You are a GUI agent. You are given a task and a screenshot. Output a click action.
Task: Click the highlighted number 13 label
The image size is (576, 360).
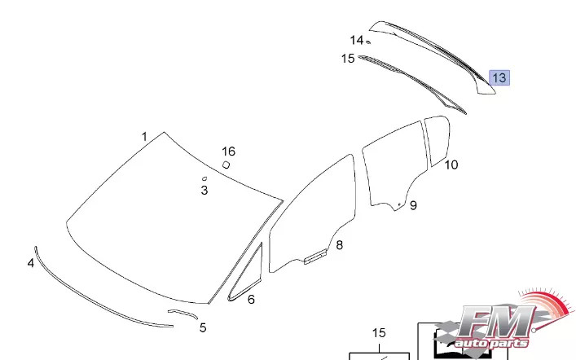(499, 78)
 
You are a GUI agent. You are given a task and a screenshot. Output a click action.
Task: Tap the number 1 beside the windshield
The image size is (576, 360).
(144, 137)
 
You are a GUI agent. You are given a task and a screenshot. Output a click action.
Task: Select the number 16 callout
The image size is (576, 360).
(228, 151)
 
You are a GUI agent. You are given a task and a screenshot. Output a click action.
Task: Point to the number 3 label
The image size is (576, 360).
(204, 191)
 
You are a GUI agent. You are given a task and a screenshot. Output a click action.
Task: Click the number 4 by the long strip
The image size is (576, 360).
(31, 263)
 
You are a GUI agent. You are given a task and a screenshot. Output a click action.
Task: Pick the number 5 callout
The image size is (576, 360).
(203, 327)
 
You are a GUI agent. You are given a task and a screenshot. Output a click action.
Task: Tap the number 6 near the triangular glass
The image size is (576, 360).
(251, 300)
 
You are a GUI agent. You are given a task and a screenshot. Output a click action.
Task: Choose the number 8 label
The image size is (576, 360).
(339, 244)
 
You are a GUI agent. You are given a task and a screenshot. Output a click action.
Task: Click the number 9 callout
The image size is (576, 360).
(413, 205)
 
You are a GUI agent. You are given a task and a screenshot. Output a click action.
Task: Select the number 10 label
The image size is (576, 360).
(451, 165)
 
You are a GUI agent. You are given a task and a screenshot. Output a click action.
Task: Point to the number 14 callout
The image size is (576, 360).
(357, 40)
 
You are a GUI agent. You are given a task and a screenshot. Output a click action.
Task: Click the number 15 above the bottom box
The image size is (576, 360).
(379, 332)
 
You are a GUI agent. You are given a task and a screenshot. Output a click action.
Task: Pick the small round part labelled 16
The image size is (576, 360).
(226, 165)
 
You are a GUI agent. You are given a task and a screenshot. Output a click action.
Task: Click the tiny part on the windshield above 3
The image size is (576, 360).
(204, 178)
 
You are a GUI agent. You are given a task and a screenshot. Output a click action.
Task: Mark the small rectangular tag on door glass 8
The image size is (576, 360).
(314, 257)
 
